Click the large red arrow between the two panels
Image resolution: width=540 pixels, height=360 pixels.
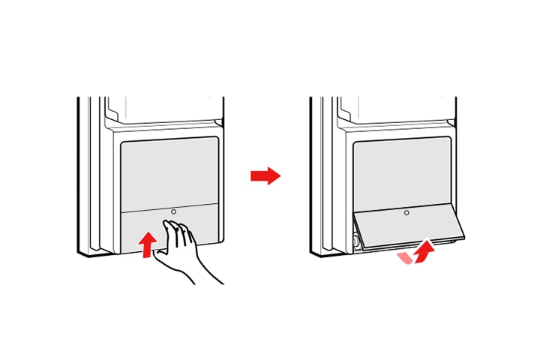tap(265, 176)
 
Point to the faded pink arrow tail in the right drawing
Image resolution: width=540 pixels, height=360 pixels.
tap(405, 257)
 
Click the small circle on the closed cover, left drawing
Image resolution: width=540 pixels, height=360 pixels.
tap(174, 212)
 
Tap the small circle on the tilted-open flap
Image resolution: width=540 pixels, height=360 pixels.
tap(406, 213)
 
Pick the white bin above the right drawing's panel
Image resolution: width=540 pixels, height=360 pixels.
tap(396, 109)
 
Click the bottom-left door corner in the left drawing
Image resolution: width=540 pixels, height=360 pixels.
tap(80, 255)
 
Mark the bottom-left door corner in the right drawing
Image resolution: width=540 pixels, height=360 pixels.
tap(313, 255)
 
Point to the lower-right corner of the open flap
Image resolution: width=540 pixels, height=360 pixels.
tap(463, 236)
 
